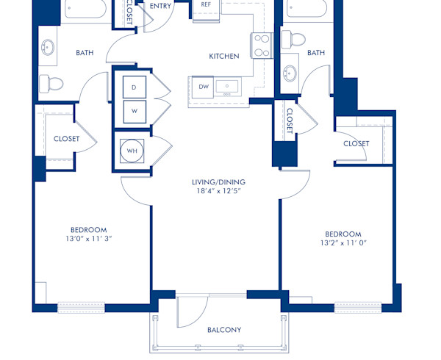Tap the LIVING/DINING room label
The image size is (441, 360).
point(219,182)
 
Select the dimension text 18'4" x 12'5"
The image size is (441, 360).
point(219,192)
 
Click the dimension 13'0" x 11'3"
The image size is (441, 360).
point(88,238)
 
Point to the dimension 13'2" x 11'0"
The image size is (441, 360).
point(343,242)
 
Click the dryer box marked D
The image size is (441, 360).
point(134,87)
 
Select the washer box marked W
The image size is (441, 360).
point(134,112)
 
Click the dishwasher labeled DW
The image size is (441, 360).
point(204,87)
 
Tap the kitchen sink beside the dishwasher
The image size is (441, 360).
point(228,87)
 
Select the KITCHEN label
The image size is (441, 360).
point(223,56)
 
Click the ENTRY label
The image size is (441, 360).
point(161,6)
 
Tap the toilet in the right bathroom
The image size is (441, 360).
point(298,38)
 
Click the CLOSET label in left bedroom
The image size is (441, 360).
point(67,139)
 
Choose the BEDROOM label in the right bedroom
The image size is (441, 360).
point(343,233)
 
